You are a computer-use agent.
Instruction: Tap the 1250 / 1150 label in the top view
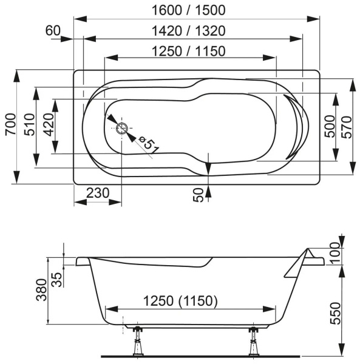click(189, 52)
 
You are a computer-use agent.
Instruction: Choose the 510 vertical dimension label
click(28, 127)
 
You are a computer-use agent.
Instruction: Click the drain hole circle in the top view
click(122, 128)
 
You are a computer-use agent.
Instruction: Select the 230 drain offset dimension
click(97, 194)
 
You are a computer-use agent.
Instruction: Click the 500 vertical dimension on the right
click(330, 127)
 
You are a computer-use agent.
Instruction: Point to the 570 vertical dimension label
click(347, 127)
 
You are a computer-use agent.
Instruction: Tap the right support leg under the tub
click(252, 343)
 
